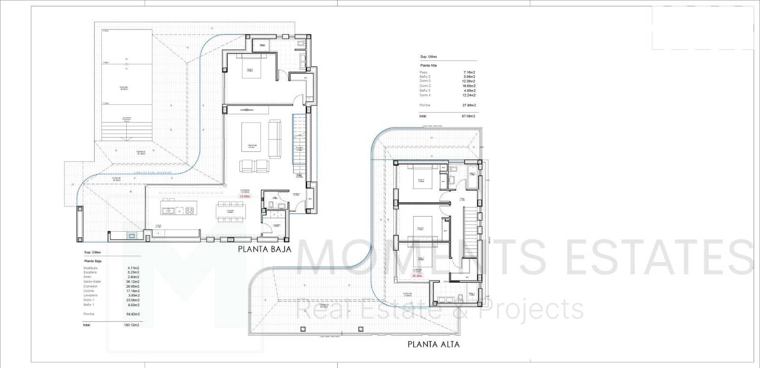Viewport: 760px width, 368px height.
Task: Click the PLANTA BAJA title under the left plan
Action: [x=264, y=248]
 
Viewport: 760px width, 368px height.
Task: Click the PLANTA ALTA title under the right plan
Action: [x=433, y=344]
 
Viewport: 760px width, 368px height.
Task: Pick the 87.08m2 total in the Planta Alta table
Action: [x=468, y=116]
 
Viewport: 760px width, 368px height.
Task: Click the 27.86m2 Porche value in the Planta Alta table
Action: [x=468, y=105]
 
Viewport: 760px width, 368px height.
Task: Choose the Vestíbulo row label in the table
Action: [x=90, y=268]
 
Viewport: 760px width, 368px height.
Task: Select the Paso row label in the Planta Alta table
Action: [x=423, y=72]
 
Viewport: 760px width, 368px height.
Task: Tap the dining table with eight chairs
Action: [x=230, y=211]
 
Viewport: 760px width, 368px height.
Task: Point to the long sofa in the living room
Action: [x=275, y=139]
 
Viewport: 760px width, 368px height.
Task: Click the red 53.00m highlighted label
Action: [x=245, y=196]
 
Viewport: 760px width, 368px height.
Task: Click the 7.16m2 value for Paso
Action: [x=469, y=72]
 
